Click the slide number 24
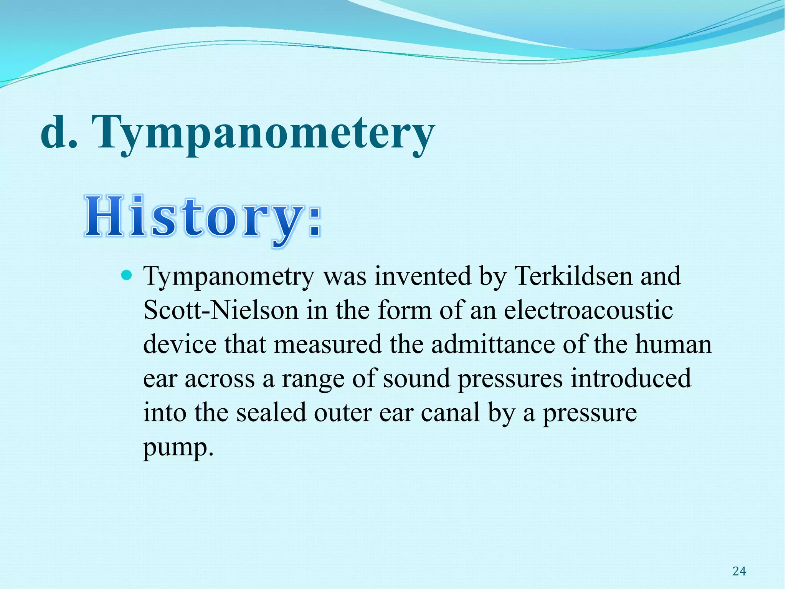pos(739,572)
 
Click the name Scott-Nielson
pos(220,310)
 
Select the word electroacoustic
pos(588,310)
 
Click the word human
pos(673,344)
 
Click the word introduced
pos(631,378)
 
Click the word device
pos(180,344)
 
